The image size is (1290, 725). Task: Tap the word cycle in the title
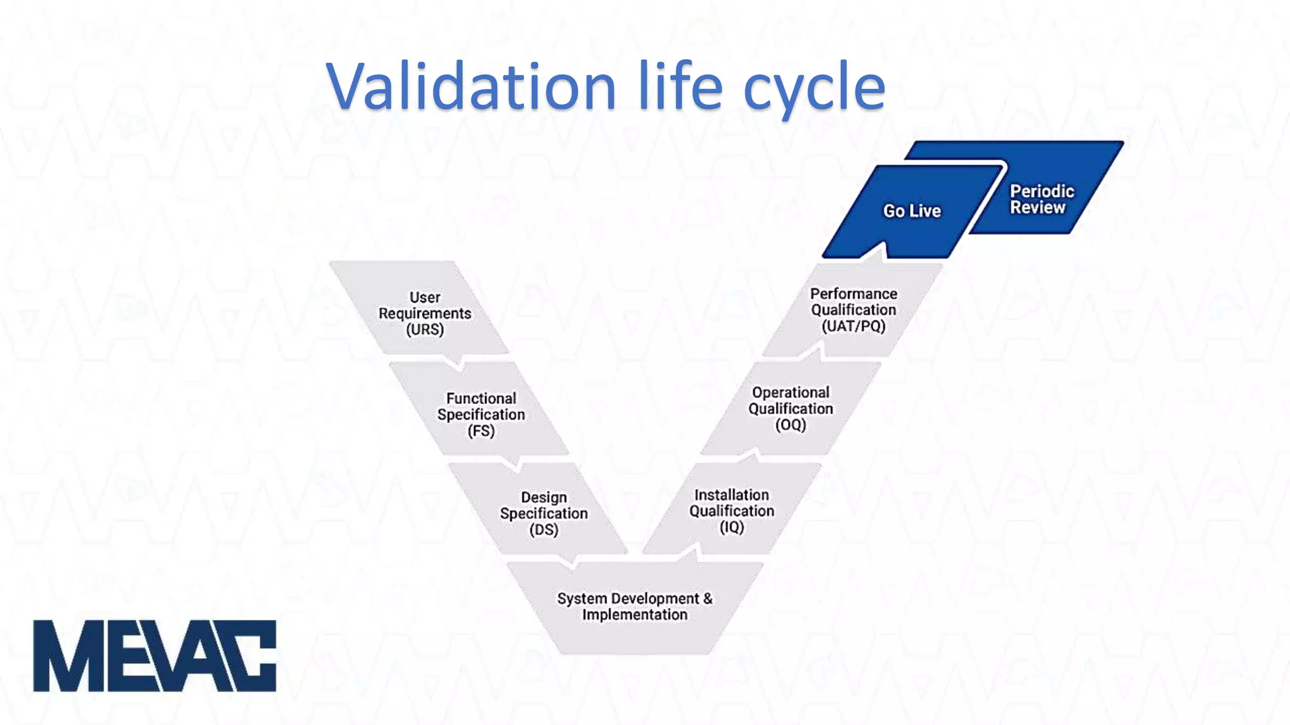814,88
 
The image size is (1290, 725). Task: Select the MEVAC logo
154,656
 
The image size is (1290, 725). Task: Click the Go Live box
911,211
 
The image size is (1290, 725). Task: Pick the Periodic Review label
1042,200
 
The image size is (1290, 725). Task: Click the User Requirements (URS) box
424,313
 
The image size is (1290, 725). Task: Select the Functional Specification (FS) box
481,414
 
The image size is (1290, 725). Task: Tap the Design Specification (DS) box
543,513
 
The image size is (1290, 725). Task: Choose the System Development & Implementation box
634,607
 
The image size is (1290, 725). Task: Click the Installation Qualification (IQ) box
731,510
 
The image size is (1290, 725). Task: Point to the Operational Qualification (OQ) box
791,408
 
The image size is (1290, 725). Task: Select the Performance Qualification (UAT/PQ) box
853,310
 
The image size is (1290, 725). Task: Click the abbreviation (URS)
425,330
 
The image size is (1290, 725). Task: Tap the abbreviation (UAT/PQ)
853,326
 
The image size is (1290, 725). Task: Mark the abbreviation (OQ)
791,425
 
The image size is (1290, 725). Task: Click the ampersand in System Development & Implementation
707,598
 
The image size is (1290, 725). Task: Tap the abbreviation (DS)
544,530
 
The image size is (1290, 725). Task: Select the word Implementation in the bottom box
634,615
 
